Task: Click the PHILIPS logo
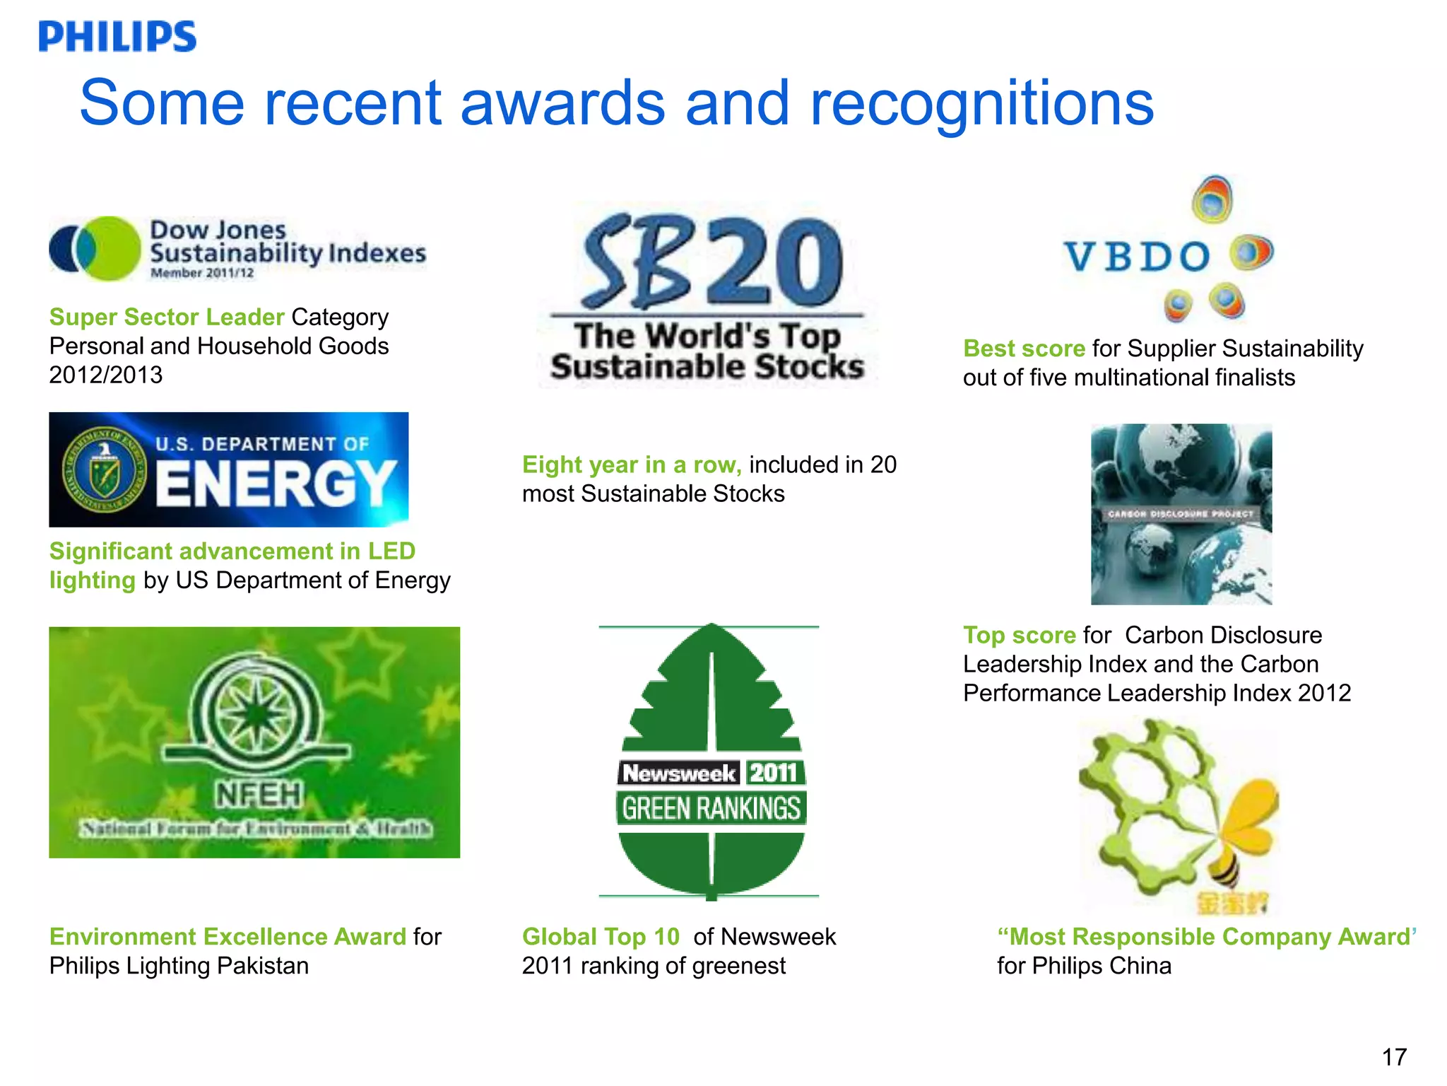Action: coord(117,37)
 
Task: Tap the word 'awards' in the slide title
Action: coord(562,103)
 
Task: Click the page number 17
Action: coord(1394,1057)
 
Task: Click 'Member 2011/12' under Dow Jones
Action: coord(202,273)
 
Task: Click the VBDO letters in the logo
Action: coord(1137,257)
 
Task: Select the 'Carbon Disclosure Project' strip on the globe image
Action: coord(1181,514)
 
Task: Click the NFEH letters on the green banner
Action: coord(259,795)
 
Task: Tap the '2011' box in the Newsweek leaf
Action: coord(773,773)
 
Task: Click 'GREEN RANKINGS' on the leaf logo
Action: coord(711,808)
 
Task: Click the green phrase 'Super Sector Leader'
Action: coord(167,317)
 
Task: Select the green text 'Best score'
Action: coord(1024,349)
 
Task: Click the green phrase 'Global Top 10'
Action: coord(601,937)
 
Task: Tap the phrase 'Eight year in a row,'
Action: coord(632,465)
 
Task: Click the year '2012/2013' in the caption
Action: coord(106,375)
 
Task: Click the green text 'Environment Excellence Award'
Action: coord(228,937)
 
